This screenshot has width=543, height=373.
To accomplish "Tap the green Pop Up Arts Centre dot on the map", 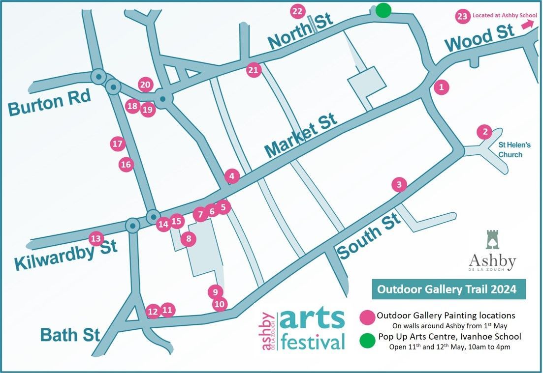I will pyautogui.click(x=383, y=10).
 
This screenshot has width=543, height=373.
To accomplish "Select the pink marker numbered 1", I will pyautogui.click(x=442, y=87).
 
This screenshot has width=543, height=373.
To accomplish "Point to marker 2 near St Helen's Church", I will pyautogui.click(x=485, y=132).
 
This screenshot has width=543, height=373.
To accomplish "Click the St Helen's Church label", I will pyautogui.click(x=514, y=150).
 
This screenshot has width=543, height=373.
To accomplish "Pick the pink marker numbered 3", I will pyautogui.click(x=399, y=185).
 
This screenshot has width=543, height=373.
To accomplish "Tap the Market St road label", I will pyautogui.click(x=301, y=135).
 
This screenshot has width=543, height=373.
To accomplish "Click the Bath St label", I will pyautogui.click(x=70, y=335).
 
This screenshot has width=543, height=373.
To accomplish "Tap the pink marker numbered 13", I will pyautogui.click(x=96, y=239).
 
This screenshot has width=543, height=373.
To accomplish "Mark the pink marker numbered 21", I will pyautogui.click(x=253, y=70).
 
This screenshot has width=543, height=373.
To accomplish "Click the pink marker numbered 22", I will pyautogui.click(x=298, y=11).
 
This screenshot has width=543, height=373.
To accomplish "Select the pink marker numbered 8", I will pyautogui.click(x=188, y=239).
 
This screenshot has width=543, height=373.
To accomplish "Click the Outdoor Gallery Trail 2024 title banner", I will pyautogui.click(x=447, y=289).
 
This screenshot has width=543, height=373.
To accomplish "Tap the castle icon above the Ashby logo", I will pyautogui.click(x=492, y=239).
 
